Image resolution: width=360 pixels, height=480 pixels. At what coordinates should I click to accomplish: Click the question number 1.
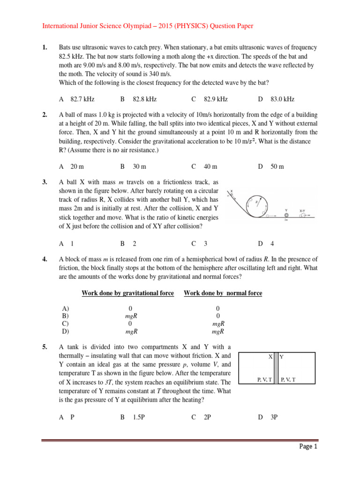tap(45, 48)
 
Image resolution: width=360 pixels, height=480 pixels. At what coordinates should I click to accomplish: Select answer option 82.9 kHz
tap(215, 99)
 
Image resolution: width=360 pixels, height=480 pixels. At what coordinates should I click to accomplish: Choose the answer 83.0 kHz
tap(282, 99)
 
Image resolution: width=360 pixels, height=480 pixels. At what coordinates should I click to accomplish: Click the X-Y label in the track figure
tap(303, 211)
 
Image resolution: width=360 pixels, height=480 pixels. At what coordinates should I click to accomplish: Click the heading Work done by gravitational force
tap(127, 293)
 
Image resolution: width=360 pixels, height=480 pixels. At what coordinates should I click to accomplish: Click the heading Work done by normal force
tap(223, 293)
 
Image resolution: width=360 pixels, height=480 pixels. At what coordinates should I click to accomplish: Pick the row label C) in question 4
tap(65, 323)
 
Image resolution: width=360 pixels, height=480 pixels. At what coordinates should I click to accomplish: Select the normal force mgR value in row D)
tap(218, 331)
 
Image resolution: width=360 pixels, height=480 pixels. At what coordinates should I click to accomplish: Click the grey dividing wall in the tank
tap(276, 369)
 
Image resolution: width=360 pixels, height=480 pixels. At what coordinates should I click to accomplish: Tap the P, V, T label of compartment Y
tap(287, 379)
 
